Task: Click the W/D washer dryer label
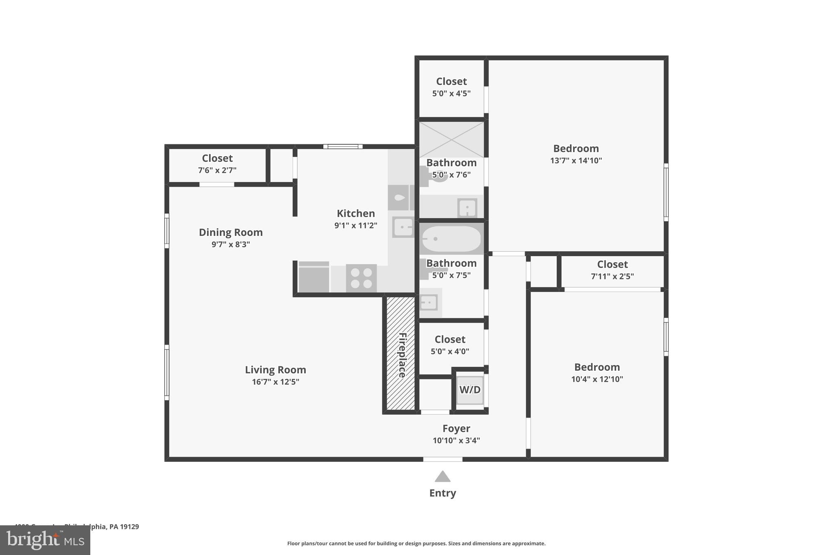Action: pos(470,390)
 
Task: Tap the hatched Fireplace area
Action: pos(401,353)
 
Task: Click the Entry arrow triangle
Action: pos(443,476)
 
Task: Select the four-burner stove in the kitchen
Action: pos(361,278)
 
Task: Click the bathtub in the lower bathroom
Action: pos(451,239)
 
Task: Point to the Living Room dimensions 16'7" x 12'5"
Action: pos(275,382)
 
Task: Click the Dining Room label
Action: pos(231,232)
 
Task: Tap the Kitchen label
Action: pos(355,213)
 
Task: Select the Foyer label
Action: pos(456,429)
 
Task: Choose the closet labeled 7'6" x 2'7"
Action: pos(217,164)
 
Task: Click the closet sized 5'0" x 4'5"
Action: pos(451,87)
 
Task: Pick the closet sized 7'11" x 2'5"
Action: pos(612,270)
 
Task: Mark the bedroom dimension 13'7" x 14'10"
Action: pos(576,161)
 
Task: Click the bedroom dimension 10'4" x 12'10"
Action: pos(597,379)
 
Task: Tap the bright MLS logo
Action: pos(45,540)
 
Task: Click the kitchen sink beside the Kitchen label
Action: pos(403,226)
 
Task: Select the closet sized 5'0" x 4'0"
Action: pos(450,345)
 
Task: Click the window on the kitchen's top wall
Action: pos(342,146)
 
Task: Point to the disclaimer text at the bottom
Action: pos(416,544)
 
